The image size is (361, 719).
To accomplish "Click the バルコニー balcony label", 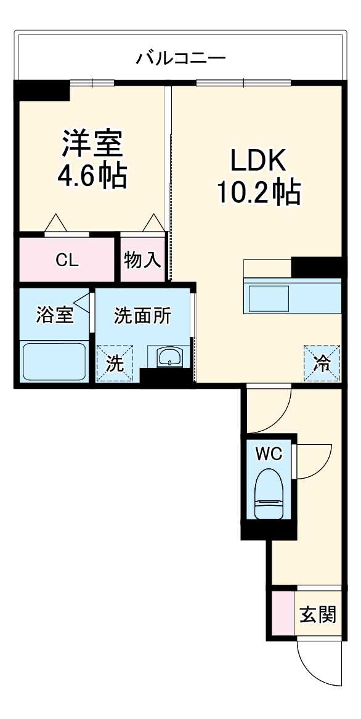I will pos(180,59).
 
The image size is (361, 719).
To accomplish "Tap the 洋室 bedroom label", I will pos(92,144).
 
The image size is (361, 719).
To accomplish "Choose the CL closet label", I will pos(67,260).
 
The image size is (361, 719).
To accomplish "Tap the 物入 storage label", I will pos(142,260).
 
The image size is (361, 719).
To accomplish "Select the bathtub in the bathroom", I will pos(54,362).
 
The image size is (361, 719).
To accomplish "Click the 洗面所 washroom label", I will pos(142,315).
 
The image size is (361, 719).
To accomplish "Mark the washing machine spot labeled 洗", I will pos(114,362).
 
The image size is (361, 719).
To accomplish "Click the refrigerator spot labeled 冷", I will pos(321,362).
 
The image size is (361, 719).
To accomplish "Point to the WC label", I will pos(269,454).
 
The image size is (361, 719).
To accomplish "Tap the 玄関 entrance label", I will pos(318,614).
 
